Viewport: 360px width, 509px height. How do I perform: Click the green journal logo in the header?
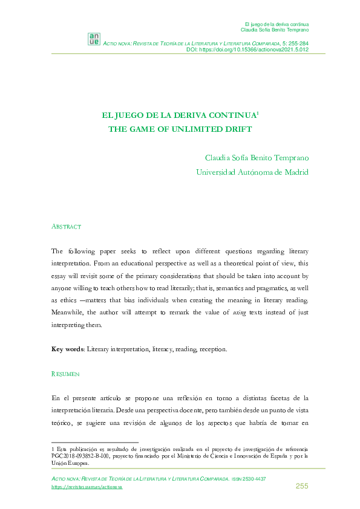tap(94, 39)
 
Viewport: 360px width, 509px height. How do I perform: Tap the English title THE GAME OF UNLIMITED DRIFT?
tap(179, 129)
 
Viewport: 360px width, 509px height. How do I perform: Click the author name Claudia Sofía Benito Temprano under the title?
tap(257, 158)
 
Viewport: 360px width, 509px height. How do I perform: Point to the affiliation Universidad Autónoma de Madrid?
tap(252, 172)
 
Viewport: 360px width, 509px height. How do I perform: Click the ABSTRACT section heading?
tap(66, 226)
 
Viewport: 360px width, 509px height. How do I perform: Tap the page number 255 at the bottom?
tap(302, 487)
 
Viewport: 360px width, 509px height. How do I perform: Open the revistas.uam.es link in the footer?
tap(87, 487)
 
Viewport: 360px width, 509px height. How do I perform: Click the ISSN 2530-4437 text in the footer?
tap(249, 479)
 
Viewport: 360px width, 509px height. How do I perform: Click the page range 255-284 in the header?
tap(296, 44)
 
